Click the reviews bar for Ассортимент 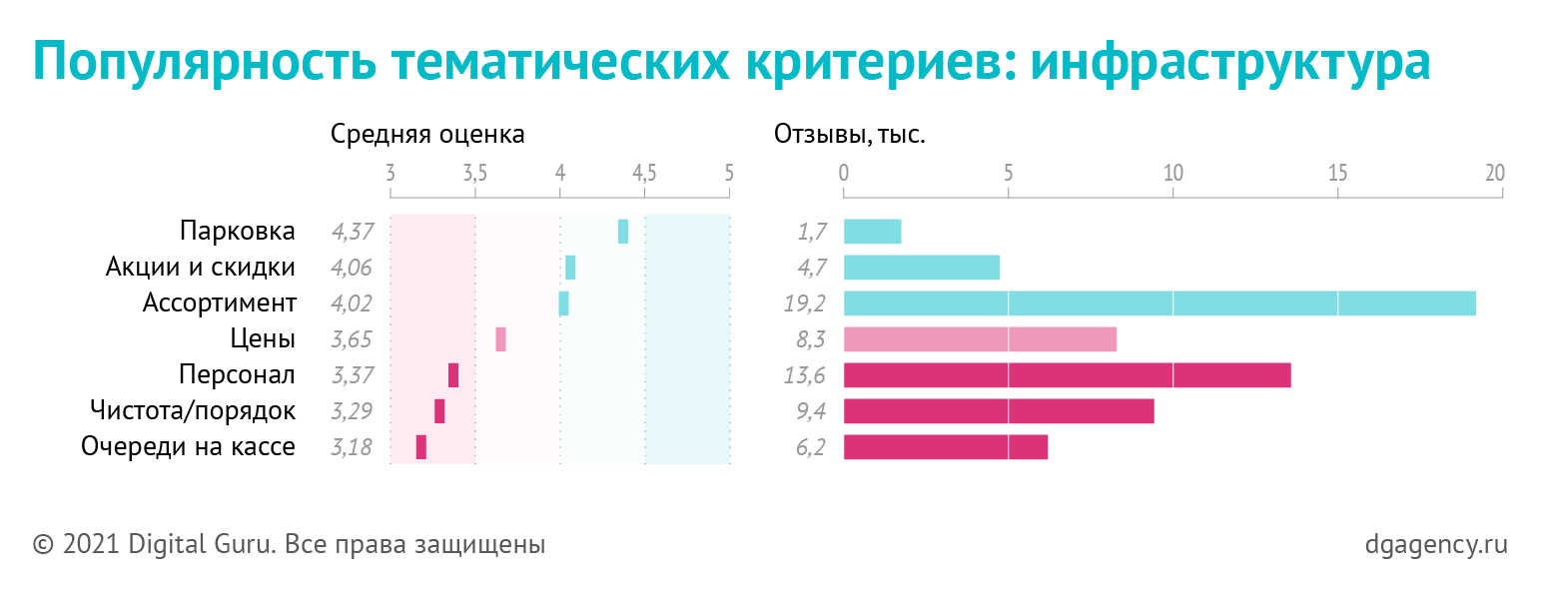click(x=1159, y=303)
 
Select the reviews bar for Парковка click(x=872, y=232)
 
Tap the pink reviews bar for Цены click(x=980, y=339)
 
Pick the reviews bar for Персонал click(x=1067, y=375)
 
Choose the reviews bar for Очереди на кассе click(x=945, y=447)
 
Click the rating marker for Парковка click(x=623, y=232)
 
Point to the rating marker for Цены click(x=500, y=339)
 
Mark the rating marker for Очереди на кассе click(x=421, y=447)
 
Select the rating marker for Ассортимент click(x=563, y=303)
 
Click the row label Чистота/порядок click(x=193, y=410)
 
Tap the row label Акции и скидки click(x=201, y=268)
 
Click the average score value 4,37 click(x=352, y=232)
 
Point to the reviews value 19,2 click(x=805, y=303)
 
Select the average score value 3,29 click(x=352, y=411)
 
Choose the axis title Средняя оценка click(x=427, y=134)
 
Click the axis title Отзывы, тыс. click(x=850, y=134)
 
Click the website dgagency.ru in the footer click(x=1435, y=545)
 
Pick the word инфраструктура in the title click(x=1230, y=62)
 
